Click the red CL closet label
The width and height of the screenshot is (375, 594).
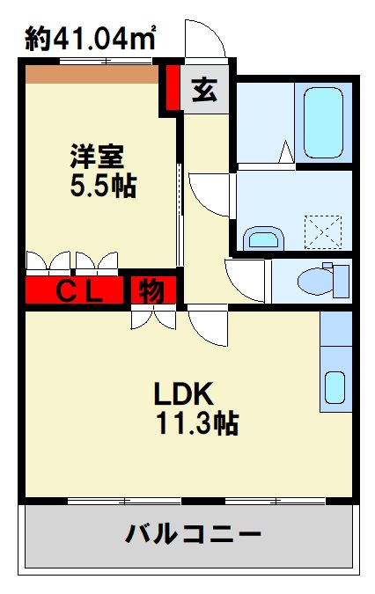pyautogui.click(x=78, y=290)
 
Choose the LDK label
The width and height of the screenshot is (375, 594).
pyautogui.click(x=186, y=393)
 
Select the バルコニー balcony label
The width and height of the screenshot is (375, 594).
pyautogui.click(x=192, y=533)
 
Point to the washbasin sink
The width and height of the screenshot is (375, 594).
pyautogui.click(x=263, y=238)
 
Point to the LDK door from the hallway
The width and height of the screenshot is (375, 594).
pyautogui.click(x=208, y=326)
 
